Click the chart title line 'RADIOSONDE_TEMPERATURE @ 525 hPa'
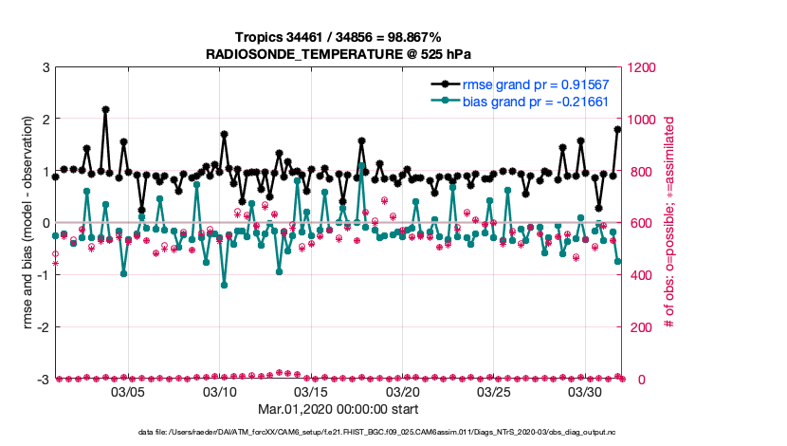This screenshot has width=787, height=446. coord(339,53)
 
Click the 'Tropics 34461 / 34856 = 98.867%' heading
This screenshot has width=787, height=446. coord(339,37)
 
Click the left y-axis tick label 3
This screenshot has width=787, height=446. coord(46,68)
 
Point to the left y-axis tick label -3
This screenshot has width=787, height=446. coord(43,380)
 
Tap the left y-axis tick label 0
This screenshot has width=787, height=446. coord(46,224)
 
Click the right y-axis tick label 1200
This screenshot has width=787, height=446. coord(640,68)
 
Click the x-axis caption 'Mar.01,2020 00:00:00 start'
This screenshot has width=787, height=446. coord(339,409)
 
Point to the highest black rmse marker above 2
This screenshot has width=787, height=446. coord(105,110)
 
